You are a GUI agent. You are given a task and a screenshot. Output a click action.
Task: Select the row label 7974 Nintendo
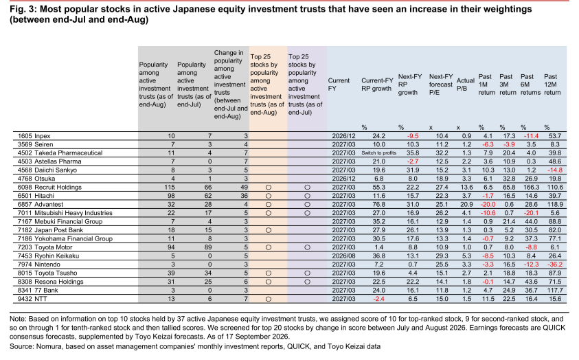38,265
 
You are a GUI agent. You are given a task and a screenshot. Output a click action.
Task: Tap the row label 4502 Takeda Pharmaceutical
60,153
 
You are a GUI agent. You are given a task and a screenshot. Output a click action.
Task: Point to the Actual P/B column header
465,85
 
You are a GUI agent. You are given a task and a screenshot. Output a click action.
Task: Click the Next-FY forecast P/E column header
440,85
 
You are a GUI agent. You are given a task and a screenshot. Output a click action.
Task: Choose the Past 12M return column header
552,85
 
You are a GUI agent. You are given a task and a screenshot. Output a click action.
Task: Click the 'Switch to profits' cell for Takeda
378,153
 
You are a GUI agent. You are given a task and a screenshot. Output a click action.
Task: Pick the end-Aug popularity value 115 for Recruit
169,187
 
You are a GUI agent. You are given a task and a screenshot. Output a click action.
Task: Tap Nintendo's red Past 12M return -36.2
556,265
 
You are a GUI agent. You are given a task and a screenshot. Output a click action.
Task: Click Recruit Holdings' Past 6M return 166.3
532,187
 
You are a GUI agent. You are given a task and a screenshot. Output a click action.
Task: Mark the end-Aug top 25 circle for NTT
269,299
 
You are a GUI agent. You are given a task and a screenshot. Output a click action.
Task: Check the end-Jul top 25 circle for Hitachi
307,196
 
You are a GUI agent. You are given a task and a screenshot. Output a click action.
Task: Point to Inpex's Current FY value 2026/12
343,136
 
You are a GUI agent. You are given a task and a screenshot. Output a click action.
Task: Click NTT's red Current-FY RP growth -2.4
378,299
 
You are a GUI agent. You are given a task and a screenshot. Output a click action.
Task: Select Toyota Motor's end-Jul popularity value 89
208,247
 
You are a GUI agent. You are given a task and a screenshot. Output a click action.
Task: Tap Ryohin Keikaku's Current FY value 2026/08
343,256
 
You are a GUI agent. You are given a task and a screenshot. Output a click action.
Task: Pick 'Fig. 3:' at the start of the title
23,9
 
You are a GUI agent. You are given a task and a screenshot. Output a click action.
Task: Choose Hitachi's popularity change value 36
244,196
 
